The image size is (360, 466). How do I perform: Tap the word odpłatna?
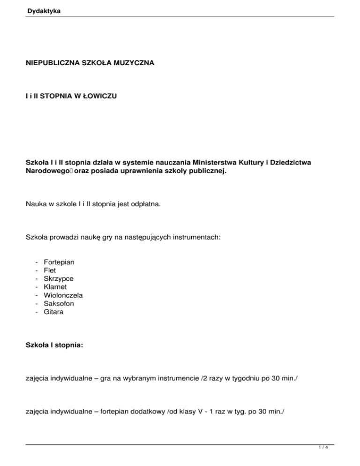(x=139, y=205)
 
